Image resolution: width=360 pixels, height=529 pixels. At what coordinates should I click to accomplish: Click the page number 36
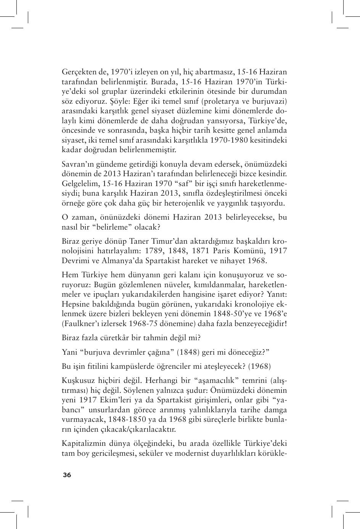[67, 475]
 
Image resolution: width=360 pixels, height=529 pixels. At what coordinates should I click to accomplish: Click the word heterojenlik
[195, 203]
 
